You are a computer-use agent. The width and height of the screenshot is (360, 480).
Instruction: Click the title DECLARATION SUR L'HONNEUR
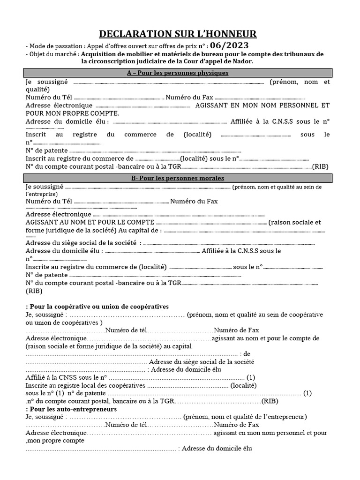tap(178, 34)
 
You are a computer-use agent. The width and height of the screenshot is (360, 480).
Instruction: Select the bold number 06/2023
tap(226, 45)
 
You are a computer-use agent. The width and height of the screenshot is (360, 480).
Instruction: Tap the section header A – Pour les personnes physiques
tap(178, 73)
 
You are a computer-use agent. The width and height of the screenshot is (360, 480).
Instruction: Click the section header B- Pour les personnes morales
tap(178, 178)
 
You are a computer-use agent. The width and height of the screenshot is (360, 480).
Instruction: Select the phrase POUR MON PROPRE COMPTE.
tap(73, 113)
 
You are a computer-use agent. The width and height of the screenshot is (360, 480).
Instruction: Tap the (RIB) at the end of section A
tap(321, 166)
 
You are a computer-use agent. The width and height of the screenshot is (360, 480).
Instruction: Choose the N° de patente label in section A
tap(47, 151)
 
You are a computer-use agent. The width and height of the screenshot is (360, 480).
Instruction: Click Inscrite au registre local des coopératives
tap(86, 385)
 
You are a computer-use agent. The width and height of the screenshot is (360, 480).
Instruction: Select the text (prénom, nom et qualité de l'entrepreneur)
tap(245, 416)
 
